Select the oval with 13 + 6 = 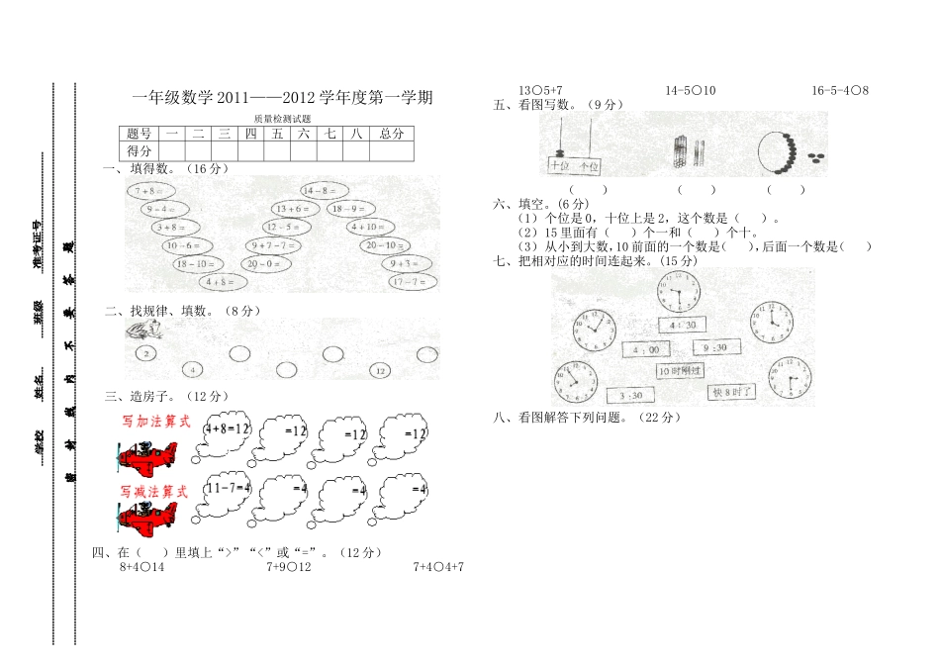293,209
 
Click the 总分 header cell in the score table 392,134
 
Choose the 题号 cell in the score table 140,134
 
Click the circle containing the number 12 380,370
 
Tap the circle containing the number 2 145,352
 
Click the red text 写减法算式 154,491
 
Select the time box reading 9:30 715,347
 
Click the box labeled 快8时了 733,392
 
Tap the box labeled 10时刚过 680,370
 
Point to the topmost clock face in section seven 676,293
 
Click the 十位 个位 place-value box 575,166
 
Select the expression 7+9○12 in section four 289,567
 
